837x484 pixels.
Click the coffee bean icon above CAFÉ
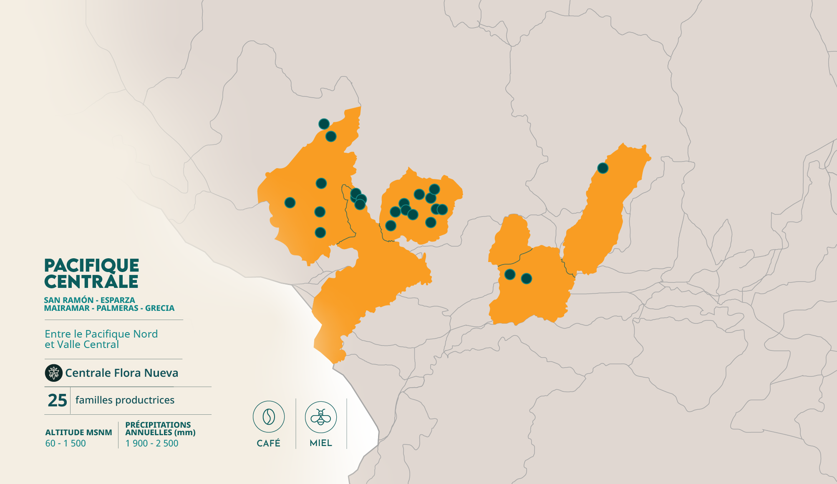click(x=269, y=417)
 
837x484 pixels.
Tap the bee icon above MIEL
click(x=321, y=417)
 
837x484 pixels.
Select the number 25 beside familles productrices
click(x=57, y=400)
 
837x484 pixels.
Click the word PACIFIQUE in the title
click(x=91, y=265)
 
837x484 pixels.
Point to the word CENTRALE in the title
click(x=91, y=282)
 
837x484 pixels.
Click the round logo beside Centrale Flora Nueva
click(x=53, y=373)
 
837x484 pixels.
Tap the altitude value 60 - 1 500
click(x=66, y=443)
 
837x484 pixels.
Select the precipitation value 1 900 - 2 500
click(x=152, y=443)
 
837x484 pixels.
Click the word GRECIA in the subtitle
click(x=160, y=308)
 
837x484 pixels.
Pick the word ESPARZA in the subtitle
click(x=118, y=300)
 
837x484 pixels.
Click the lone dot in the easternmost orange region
click(x=603, y=168)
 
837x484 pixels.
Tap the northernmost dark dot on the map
click(x=324, y=124)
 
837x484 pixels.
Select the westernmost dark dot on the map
click(x=290, y=203)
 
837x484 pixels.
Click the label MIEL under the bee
click(x=321, y=443)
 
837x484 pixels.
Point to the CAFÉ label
click(x=269, y=443)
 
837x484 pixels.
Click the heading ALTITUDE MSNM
click(x=78, y=432)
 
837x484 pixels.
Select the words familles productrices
click(x=125, y=400)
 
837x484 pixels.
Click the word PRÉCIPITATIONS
click(x=158, y=425)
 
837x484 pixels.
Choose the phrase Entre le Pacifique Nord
click(x=101, y=334)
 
